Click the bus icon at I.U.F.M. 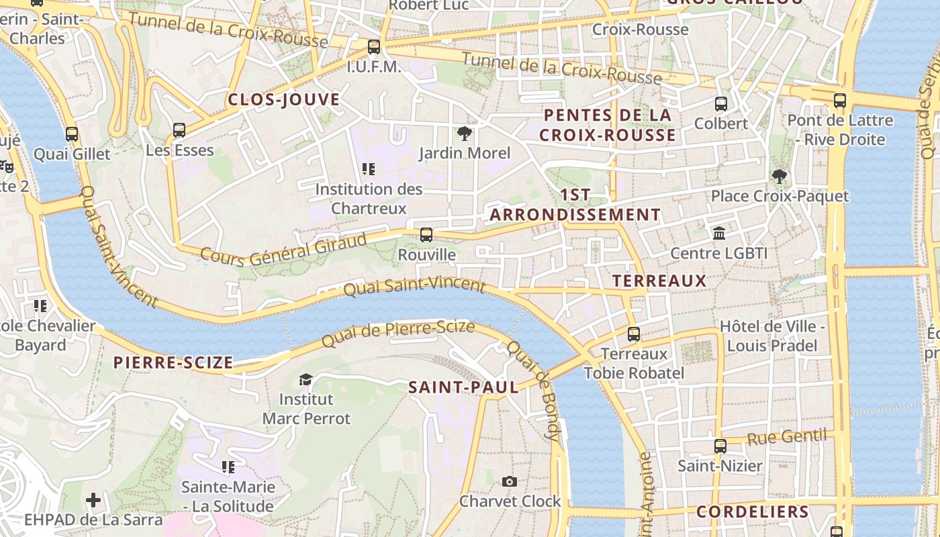pos(374,47)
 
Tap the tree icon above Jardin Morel pos(464,134)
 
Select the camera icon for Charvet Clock pos(510,481)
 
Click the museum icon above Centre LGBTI pos(719,234)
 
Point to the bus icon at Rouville pos(426,235)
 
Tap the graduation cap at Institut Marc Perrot pos(305,379)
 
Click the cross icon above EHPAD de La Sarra pos(93,500)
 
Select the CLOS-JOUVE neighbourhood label pos(283,100)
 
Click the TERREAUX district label pos(659,281)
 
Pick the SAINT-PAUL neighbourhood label pos(463,387)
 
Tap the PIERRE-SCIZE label pos(173,363)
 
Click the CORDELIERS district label pos(752,511)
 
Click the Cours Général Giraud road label pos(283,248)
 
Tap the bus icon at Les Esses pos(179,130)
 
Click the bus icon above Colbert pos(721,104)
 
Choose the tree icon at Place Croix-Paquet pos(780,177)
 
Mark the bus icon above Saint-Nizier pos(720,446)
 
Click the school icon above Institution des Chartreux pos(368,169)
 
